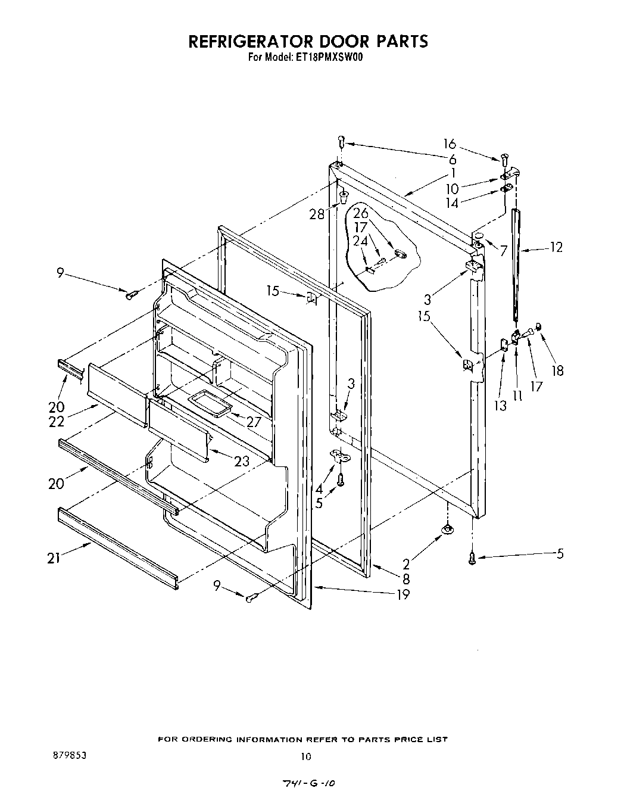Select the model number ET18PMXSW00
pos(327,58)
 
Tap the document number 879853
pos(70,754)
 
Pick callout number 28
pos(317,214)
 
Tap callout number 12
pos(556,247)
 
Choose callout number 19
pos(403,594)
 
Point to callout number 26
pos(361,213)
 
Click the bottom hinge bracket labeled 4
pos(339,456)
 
